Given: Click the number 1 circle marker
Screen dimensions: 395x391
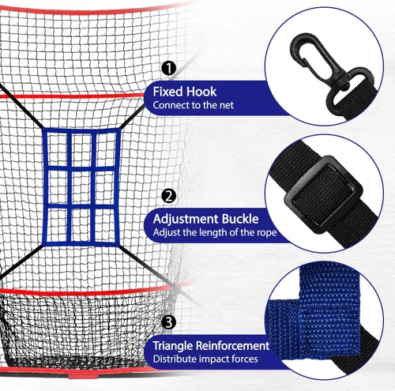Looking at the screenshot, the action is pos(168,68).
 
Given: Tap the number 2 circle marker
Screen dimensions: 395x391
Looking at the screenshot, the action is pos(168,196).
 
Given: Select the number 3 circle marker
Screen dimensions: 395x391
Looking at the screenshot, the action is pos(168,322).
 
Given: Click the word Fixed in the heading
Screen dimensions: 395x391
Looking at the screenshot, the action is pos(167,92).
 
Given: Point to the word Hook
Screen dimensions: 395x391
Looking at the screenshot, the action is pos(201,92).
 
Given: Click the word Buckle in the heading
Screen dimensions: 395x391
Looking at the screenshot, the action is pos(240,219).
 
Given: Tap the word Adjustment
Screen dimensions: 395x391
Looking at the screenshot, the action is pos(186,219).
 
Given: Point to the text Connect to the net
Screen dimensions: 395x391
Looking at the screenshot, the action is pos(193,105).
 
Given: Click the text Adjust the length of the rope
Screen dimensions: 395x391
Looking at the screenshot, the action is pos(215,232).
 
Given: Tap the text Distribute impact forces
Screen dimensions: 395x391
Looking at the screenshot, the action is pos(205,359).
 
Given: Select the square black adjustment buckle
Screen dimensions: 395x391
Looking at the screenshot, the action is pos(323,194).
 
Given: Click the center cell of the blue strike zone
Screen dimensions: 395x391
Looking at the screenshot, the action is pos(82,187).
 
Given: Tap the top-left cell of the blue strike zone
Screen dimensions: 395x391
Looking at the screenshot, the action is pos(57,149).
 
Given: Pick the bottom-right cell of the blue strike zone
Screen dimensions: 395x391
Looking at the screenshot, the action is pos(105,225).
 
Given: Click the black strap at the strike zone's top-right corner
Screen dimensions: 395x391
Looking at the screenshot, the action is pos(132,117).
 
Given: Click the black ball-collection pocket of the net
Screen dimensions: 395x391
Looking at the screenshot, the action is pos(79,329).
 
